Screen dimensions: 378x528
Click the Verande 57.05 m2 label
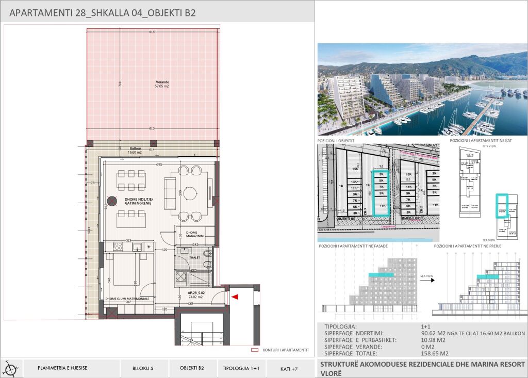pyautogui.click(x=162, y=84)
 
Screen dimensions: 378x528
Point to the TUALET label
pyautogui.click(x=195, y=257)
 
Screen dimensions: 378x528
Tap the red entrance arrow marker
pyautogui.click(x=235, y=297)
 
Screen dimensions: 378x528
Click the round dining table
pyautogui.click(x=191, y=194)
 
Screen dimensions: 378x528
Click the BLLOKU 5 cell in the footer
pyautogui.click(x=143, y=368)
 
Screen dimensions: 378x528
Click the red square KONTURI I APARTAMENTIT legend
pyautogui.click(x=253, y=350)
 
